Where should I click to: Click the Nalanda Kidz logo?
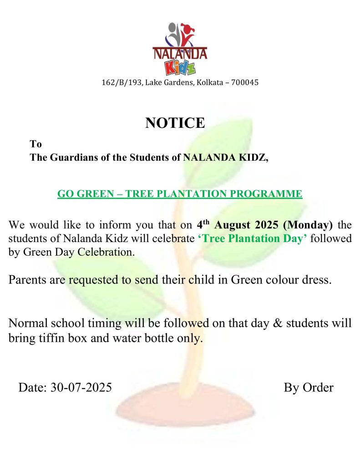tap(179, 48)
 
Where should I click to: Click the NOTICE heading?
tap(175, 123)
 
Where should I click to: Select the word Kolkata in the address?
tap(211, 83)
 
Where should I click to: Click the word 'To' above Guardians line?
tap(36, 144)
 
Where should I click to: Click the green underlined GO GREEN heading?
tap(179, 194)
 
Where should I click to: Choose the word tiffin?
tap(53, 339)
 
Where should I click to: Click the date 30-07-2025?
tap(81, 388)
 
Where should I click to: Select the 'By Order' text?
tap(308, 388)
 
